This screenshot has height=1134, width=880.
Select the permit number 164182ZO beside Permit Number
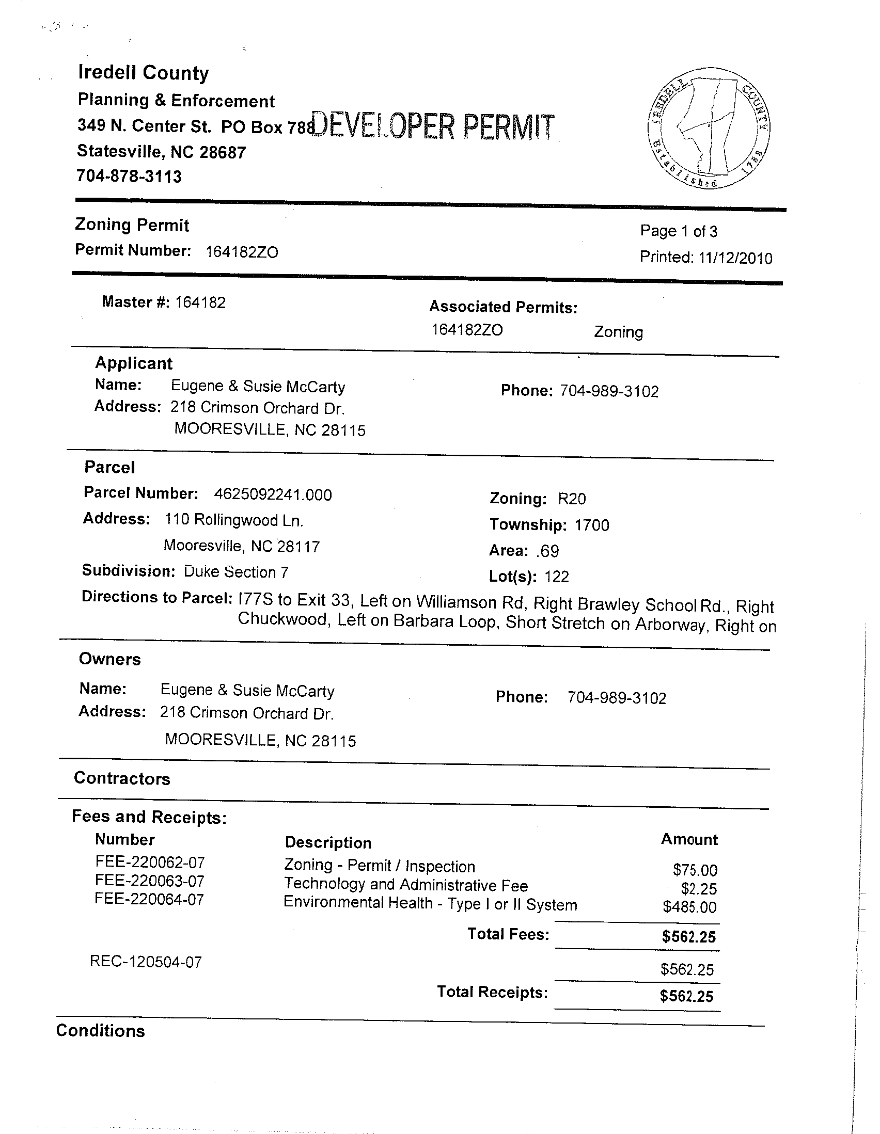point(242,252)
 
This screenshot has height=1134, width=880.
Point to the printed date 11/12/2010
point(735,258)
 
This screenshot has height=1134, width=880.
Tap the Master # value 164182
point(200,302)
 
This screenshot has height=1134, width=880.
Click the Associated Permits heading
point(503,308)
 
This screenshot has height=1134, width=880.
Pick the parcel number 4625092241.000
point(273,494)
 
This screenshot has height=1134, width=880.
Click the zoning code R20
point(571,499)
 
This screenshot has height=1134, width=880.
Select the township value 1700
point(592,525)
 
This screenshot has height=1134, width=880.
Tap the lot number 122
point(556,577)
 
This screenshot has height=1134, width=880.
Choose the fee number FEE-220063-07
point(150,881)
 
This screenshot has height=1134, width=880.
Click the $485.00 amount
point(689,907)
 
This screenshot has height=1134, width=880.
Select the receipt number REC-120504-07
point(146,962)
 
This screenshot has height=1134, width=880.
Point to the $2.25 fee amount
point(699,889)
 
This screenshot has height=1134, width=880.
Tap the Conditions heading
point(100,1031)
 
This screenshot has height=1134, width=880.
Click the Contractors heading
point(122,778)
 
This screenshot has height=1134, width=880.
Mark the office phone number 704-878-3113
point(129,177)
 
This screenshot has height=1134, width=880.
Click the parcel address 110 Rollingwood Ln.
point(234,520)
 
